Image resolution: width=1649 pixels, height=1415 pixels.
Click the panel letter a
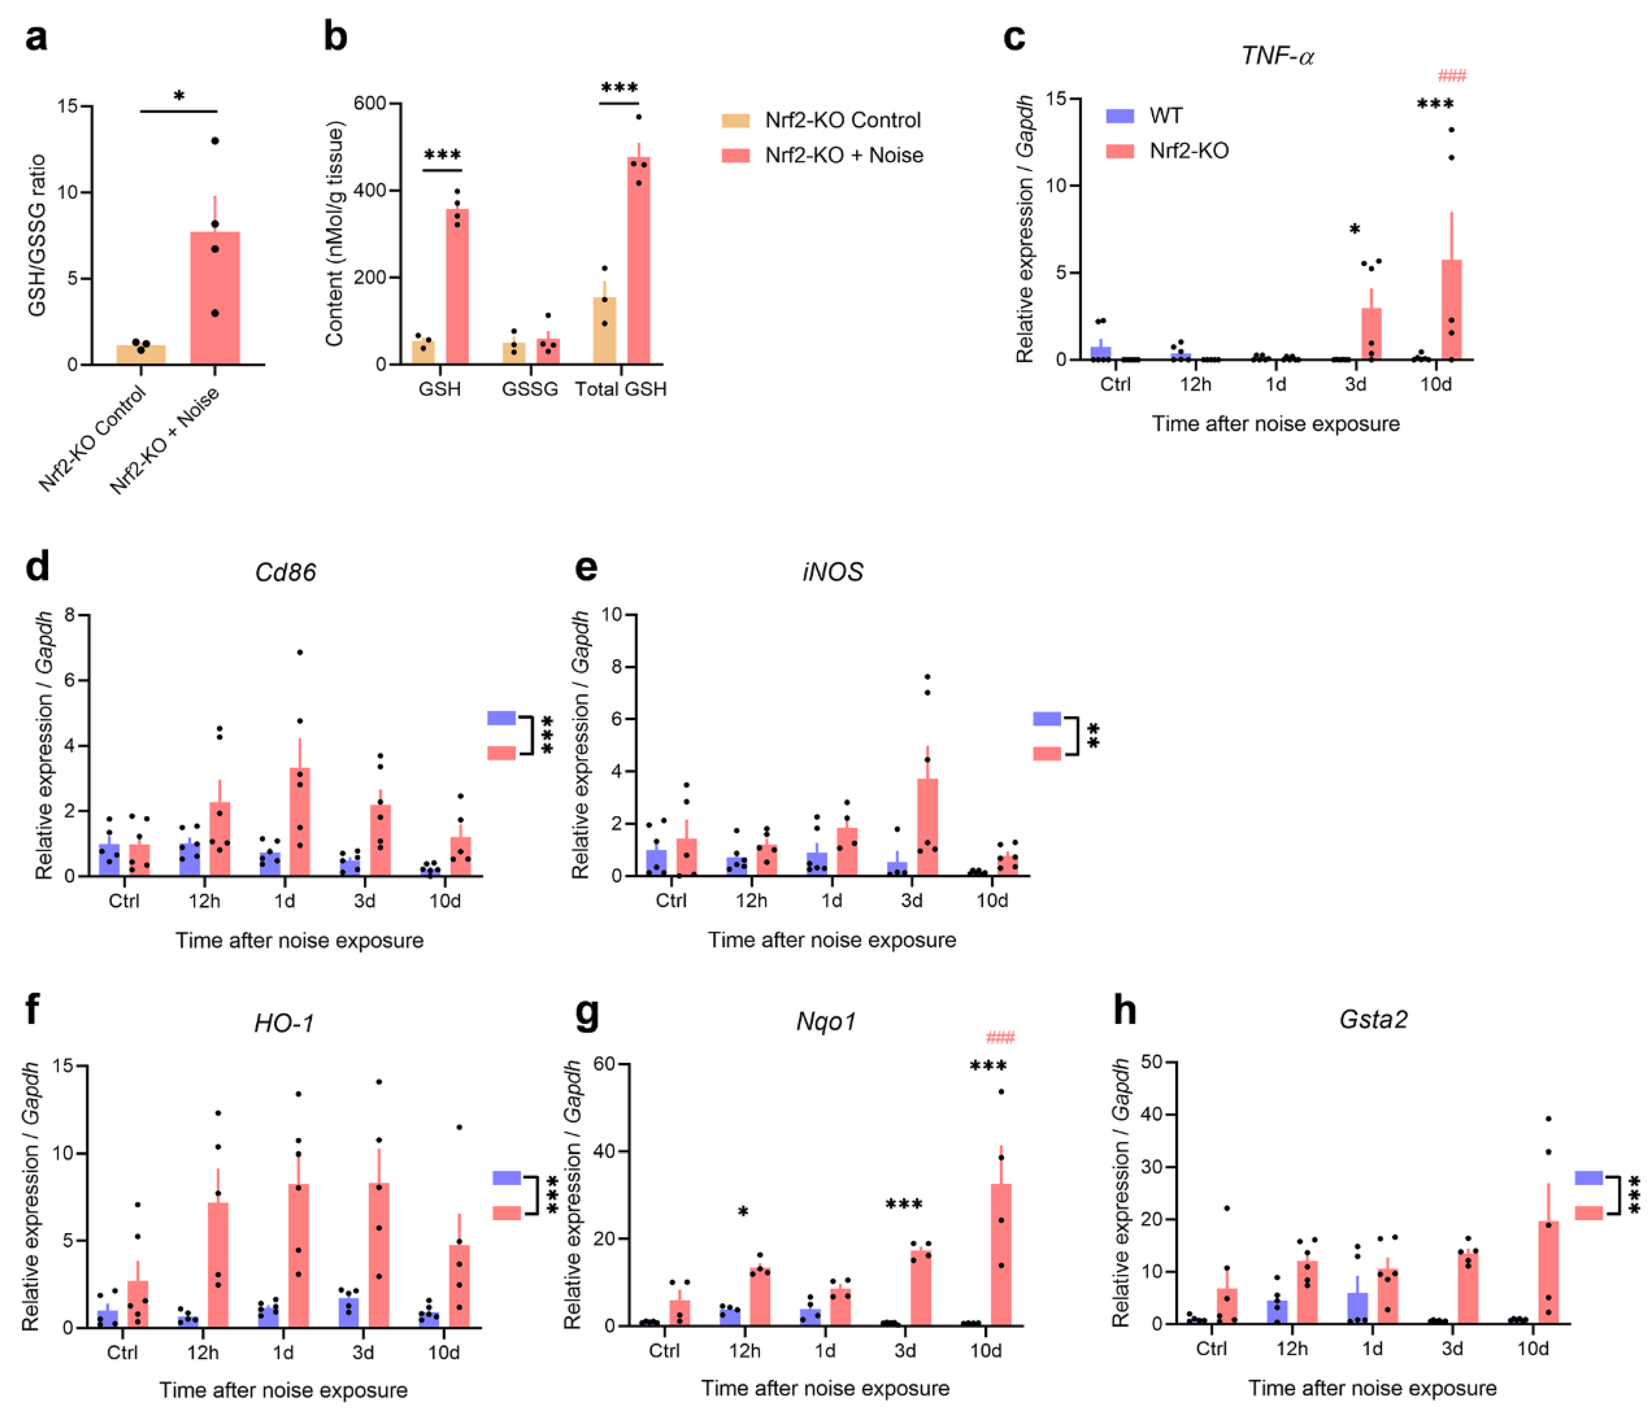click(x=36, y=38)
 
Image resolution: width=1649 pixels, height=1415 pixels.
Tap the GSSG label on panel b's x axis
click(x=529, y=389)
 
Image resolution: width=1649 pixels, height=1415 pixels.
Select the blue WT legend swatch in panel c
click(x=1119, y=116)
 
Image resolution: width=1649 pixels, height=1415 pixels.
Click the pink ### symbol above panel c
click(x=1451, y=77)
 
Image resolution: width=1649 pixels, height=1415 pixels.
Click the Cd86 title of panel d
click(x=285, y=572)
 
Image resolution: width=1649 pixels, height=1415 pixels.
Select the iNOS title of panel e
click(x=833, y=572)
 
